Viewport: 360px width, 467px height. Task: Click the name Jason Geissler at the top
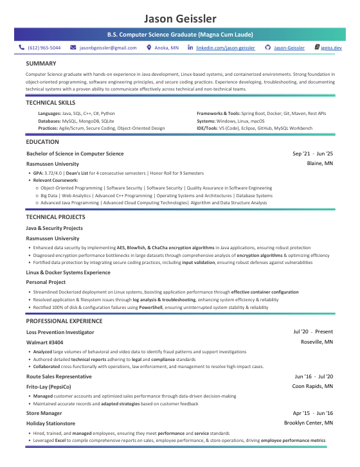point(179,17)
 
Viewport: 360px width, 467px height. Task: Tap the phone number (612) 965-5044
point(44,48)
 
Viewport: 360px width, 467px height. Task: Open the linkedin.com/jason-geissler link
point(225,48)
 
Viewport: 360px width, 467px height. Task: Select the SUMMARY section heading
point(40,64)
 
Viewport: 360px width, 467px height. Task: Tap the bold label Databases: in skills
point(50,120)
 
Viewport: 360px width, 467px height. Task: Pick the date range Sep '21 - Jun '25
point(312,154)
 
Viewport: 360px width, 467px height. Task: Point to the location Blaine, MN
point(319,164)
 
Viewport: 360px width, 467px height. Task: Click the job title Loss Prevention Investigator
point(60,332)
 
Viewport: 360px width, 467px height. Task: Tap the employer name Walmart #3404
point(44,342)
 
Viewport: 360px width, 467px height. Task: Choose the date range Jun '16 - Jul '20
point(314,376)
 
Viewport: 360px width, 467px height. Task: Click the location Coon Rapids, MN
point(312,387)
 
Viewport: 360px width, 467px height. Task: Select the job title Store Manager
point(44,413)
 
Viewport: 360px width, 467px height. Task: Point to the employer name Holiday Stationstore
point(51,423)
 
